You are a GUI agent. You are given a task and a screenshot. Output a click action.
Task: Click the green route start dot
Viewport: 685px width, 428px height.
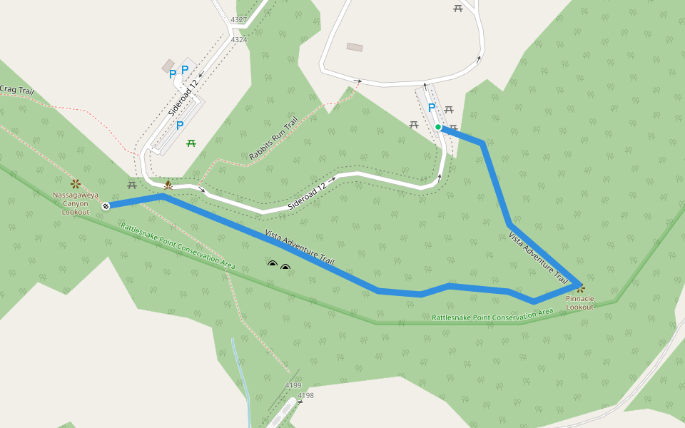(x=438, y=127)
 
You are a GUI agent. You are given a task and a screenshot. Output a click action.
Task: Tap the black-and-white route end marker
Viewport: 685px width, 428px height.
(x=106, y=206)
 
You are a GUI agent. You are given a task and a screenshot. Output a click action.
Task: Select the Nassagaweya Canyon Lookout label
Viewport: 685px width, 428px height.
(x=76, y=203)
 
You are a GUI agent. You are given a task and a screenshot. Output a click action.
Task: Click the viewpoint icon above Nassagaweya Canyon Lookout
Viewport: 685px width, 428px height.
(x=75, y=184)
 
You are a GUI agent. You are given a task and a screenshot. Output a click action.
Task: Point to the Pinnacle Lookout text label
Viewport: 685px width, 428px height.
(x=579, y=303)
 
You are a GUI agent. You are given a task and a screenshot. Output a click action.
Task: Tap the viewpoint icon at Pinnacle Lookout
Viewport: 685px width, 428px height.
(x=581, y=289)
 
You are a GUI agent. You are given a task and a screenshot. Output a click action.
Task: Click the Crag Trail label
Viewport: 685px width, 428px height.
(x=16, y=90)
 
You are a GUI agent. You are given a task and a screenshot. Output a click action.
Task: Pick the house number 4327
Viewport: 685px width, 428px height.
(x=239, y=20)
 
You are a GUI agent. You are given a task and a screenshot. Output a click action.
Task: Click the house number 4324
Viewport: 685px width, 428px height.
(x=239, y=40)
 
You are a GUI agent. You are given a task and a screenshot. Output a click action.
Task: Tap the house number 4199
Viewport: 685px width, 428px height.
(x=293, y=385)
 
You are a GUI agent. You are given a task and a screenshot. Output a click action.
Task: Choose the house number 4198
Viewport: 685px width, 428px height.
(x=305, y=395)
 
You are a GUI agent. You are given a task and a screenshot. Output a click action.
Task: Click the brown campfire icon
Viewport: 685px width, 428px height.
(x=168, y=185)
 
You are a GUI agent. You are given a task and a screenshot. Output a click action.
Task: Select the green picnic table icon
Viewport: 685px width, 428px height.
(x=191, y=144)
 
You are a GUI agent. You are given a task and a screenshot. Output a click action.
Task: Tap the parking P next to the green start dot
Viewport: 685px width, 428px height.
(x=431, y=108)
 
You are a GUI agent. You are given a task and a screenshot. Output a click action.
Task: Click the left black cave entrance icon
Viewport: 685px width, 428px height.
(x=272, y=265)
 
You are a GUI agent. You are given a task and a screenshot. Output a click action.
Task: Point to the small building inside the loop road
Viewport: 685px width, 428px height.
(x=355, y=47)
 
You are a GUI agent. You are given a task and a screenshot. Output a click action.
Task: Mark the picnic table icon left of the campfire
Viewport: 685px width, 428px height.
(x=132, y=185)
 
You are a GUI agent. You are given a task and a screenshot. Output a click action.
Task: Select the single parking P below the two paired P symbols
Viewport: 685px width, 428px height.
(x=180, y=126)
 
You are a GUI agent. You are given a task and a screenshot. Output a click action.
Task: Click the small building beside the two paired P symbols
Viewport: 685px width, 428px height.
(x=168, y=66)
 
